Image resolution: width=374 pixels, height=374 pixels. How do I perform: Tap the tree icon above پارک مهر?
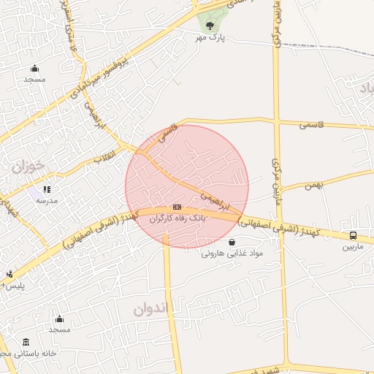coord(210,26)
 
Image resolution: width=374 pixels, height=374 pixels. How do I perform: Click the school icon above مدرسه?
coord(47,189)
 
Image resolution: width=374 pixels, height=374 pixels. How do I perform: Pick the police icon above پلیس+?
coord(9,275)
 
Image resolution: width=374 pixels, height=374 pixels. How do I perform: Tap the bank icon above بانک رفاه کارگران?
coord(177,207)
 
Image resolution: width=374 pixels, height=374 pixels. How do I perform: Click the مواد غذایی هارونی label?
coord(231,253)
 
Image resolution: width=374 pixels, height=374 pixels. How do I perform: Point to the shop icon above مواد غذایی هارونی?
coord(232,243)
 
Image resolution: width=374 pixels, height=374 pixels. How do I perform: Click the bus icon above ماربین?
coord(354,236)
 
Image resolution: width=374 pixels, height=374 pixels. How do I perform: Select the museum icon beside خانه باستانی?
coord(26,343)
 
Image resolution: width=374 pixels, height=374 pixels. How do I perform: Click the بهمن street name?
coord(313,186)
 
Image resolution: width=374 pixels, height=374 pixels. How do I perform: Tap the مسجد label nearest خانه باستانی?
coord(58,330)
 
